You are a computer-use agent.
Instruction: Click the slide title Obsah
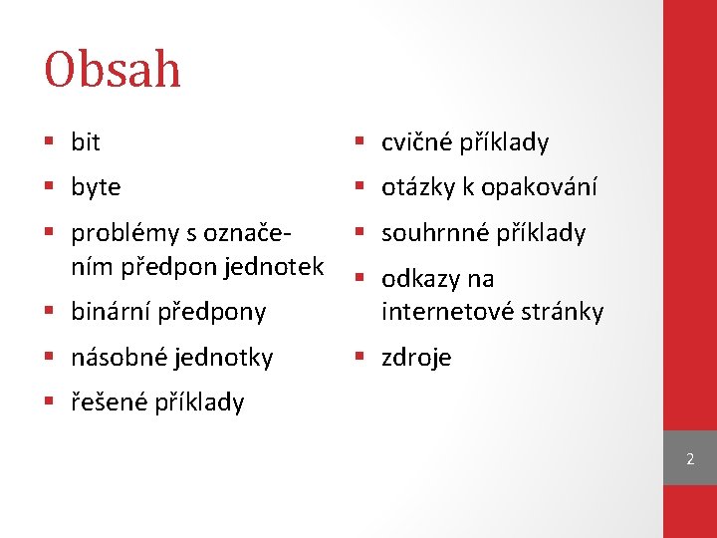pos(113,70)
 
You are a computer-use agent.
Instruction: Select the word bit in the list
pos(86,142)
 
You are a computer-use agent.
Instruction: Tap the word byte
pos(96,187)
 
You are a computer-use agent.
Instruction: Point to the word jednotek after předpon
pos(277,266)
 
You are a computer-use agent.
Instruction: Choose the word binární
pos(110,312)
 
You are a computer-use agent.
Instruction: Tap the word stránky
pos(560,312)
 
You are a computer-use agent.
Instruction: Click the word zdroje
pos(416,358)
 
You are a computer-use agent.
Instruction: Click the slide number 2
pos(689,459)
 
